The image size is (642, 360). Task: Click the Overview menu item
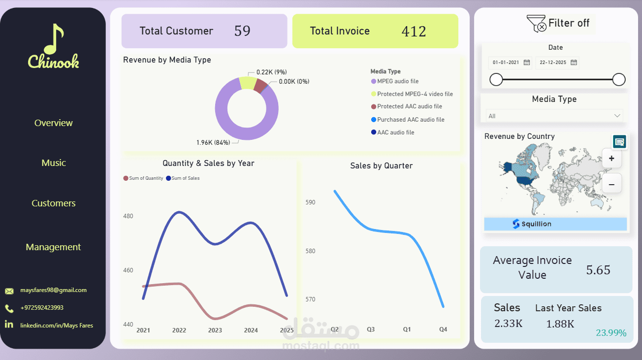click(53, 123)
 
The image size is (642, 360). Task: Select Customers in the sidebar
click(53, 203)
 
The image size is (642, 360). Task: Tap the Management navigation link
click(53, 247)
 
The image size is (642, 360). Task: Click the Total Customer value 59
click(242, 31)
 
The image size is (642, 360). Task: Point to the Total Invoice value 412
click(414, 32)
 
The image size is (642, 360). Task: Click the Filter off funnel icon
click(536, 24)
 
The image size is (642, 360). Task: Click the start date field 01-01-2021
click(506, 63)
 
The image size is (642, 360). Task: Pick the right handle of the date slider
click(619, 79)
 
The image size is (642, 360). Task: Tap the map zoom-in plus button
click(611, 159)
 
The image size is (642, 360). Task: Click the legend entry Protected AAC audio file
click(409, 106)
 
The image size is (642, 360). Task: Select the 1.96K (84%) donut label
click(213, 143)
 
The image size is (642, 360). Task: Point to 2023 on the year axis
click(215, 330)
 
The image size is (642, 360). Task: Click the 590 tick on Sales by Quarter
click(310, 202)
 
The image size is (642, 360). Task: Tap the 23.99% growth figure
click(611, 333)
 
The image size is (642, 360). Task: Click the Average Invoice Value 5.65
click(598, 270)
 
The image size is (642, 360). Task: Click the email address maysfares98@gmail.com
click(53, 290)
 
